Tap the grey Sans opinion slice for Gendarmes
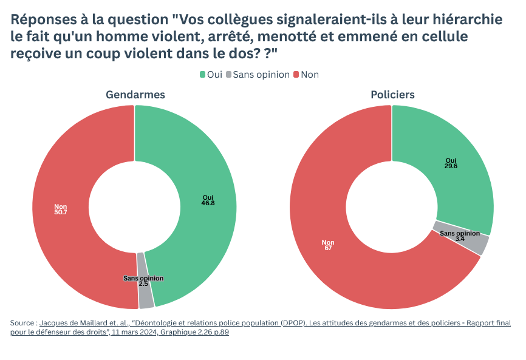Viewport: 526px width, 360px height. click(146, 297)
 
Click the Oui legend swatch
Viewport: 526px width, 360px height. click(203, 75)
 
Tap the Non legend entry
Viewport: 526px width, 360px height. click(309, 75)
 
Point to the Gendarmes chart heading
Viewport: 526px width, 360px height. click(135, 95)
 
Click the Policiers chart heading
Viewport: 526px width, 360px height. click(393, 95)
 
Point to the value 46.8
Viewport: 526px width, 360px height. click(208, 203)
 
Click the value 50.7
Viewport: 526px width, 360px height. click(61, 211)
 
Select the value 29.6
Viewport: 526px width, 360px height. click(451, 166)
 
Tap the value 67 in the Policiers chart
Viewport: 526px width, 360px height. click(328, 248)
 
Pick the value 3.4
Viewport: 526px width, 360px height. click(460, 239)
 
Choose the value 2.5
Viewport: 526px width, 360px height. click(143, 284)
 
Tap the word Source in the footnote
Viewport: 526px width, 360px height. click(22, 324)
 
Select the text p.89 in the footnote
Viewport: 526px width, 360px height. click(220, 333)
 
